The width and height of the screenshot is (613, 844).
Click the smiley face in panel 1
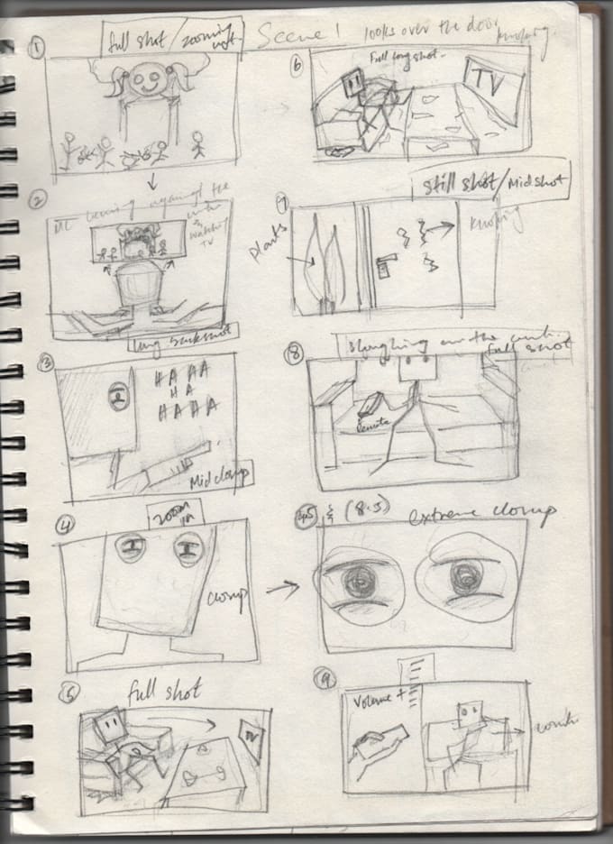[146, 83]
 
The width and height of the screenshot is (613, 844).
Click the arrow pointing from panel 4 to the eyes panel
[281, 591]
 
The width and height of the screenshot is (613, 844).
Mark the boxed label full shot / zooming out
[172, 39]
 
